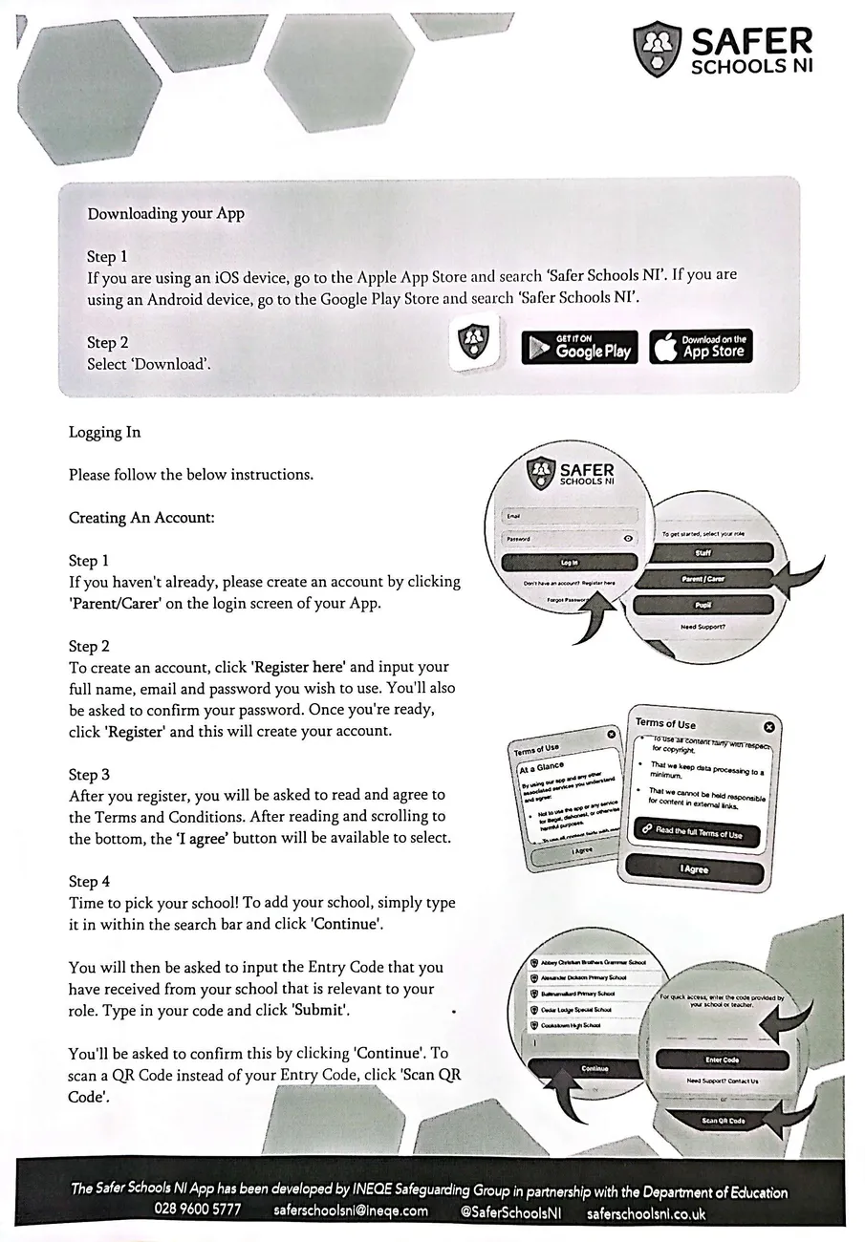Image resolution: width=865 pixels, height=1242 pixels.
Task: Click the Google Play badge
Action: [579, 347]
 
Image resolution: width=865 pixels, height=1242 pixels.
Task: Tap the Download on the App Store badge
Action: [701, 347]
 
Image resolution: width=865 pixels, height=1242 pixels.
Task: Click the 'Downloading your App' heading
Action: [165, 213]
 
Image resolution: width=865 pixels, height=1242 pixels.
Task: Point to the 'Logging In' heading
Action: [104, 432]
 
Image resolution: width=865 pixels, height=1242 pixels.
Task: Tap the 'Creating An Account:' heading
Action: [141, 518]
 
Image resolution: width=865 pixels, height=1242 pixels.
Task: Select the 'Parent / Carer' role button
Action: [703, 580]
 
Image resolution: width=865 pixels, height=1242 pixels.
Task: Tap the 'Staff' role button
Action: [703, 552]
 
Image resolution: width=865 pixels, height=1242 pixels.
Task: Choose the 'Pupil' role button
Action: [703, 606]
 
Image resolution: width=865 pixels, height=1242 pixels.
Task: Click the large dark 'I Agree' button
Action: [695, 868]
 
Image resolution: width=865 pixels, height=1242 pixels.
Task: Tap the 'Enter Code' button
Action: [722, 1060]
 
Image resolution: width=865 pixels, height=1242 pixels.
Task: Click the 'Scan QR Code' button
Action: [724, 1121]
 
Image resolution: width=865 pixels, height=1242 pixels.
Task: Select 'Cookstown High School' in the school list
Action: [572, 1025]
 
